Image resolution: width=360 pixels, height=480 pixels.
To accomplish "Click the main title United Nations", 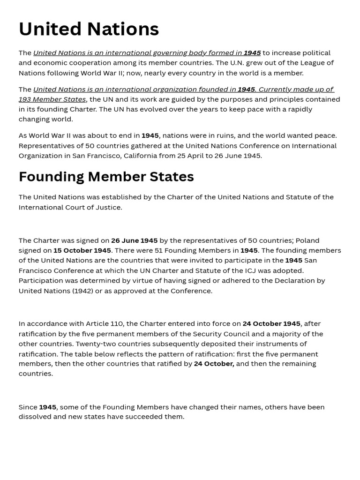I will (x=89, y=29).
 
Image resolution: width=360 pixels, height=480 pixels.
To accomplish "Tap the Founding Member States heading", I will (x=106, y=177).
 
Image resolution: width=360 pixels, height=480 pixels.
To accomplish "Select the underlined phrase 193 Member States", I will (x=52, y=99).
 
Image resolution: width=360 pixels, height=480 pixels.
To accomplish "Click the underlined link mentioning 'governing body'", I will (x=147, y=53).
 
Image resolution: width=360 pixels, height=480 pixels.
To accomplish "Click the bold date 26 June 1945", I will (x=134, y=240).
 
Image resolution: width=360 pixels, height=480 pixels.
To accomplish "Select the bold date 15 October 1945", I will (x=82, y=250).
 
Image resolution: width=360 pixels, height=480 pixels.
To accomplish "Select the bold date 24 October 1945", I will (x=271, y=324).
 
